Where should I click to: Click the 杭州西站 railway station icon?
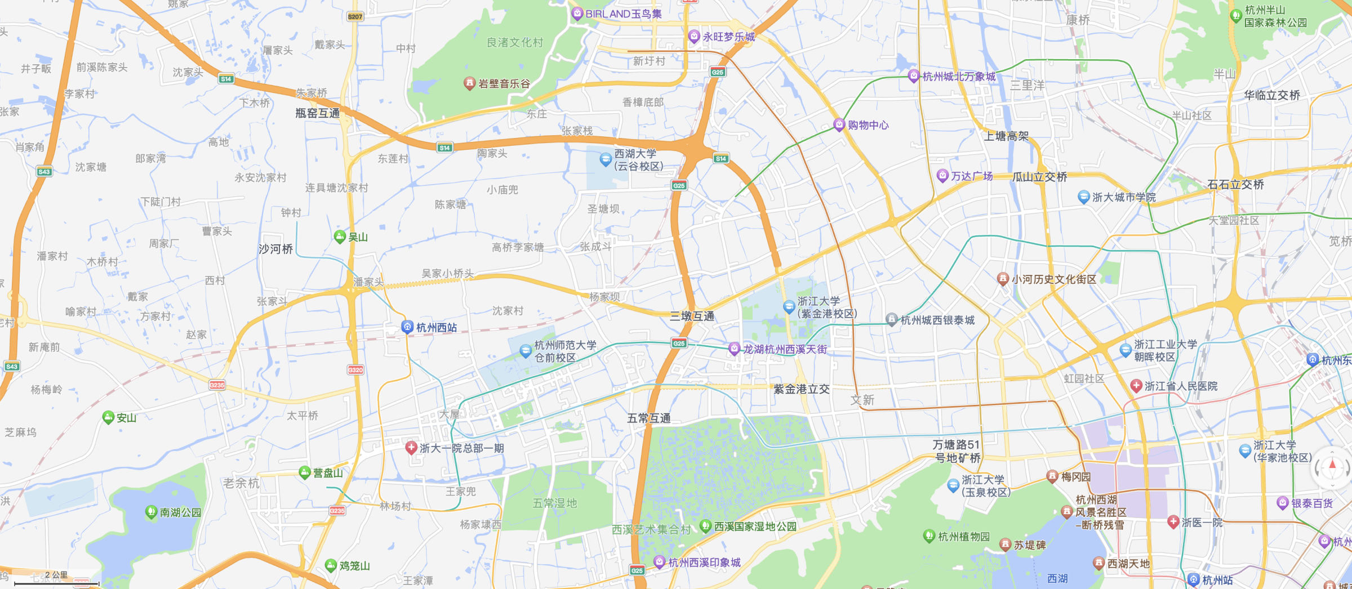pos(407,327)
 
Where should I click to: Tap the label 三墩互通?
pos(692,316)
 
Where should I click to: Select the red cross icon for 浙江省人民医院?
pos(1136,386)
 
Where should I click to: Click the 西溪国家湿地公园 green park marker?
pos(705,526)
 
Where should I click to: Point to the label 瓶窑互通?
pos(318,113)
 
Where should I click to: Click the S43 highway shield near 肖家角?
pos(44,172)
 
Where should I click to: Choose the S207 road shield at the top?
pos(355,16)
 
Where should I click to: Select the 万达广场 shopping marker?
pos(942,176)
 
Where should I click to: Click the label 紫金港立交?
pos(801,389)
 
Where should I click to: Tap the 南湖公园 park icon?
pos(151,512)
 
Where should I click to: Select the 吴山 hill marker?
pos(340,237)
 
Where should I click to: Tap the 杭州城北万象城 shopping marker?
pos(914,76)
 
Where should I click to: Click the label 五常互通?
pos(649,418)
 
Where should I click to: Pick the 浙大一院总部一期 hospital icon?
pos(411,448)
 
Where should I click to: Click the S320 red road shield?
pos(355,370)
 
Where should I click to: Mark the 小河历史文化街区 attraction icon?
pos(1003,279)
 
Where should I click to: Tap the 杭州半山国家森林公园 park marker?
pos(1236,16)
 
